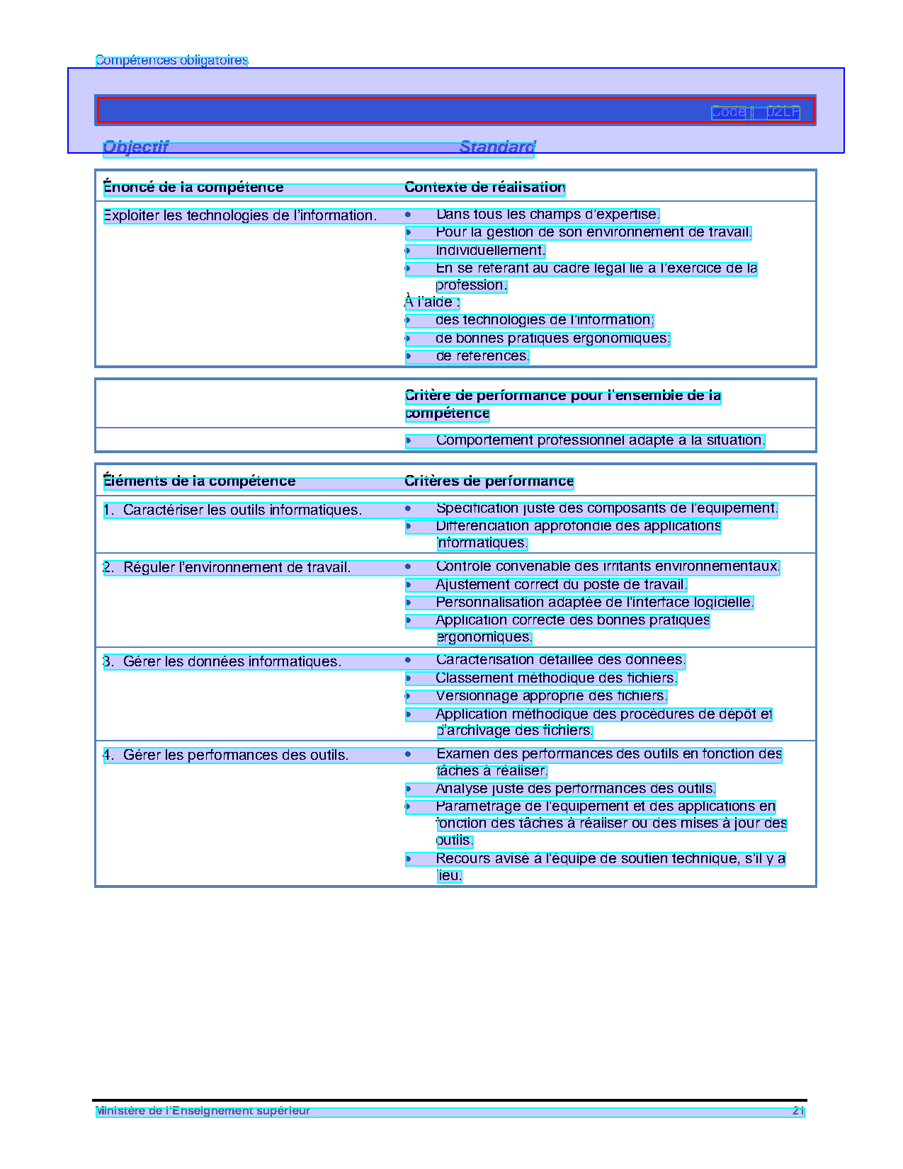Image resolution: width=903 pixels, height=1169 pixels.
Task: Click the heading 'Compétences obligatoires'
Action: click(x=171, y=61)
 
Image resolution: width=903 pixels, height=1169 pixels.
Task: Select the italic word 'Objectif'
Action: click(x=136, y=147)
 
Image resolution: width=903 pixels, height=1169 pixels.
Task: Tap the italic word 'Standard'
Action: click(x=497, y=147)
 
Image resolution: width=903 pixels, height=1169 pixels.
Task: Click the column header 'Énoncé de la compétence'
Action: click(x=193, y=188)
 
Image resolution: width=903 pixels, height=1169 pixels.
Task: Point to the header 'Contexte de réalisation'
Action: click(x=484, y=188)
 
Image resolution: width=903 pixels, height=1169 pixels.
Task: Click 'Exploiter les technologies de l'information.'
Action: click(x=239, y=215)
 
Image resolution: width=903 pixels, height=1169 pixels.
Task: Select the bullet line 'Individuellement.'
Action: click(x=490, y=251)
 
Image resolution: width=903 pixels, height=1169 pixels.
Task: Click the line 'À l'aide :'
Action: click(x=432, y=302)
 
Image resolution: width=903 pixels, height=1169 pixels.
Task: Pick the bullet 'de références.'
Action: click(x=482, y=356)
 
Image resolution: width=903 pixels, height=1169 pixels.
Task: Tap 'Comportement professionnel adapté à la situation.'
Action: click(x=600, y=440)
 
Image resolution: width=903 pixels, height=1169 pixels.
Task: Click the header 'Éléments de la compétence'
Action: click(x=199, y=481)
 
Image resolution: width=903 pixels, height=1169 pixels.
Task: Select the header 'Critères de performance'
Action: click(x=489, y=481)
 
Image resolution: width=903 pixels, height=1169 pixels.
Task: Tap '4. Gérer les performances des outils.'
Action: click(x=226, y=755)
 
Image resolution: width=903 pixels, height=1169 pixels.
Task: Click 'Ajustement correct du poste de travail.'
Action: click(x=561, y=585)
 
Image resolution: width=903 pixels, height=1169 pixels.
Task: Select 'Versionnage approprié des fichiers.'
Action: click(x=551, y=696)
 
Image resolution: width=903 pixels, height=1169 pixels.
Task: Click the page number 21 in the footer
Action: click(x=798, y=1111)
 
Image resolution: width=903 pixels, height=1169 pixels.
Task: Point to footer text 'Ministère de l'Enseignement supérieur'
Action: click(x=203, y=1111)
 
